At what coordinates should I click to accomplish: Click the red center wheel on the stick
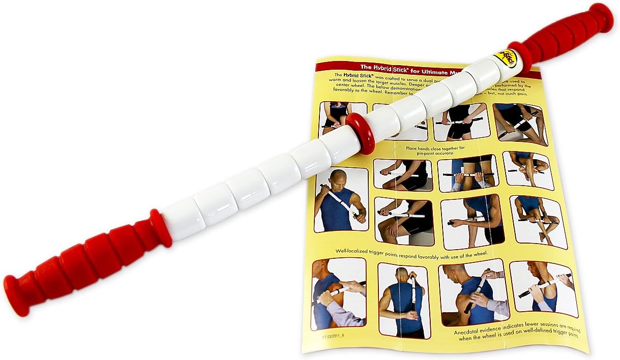(360, 133)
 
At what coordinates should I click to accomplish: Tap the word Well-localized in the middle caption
(359, 251)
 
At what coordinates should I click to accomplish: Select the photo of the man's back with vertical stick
(404, 299)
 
